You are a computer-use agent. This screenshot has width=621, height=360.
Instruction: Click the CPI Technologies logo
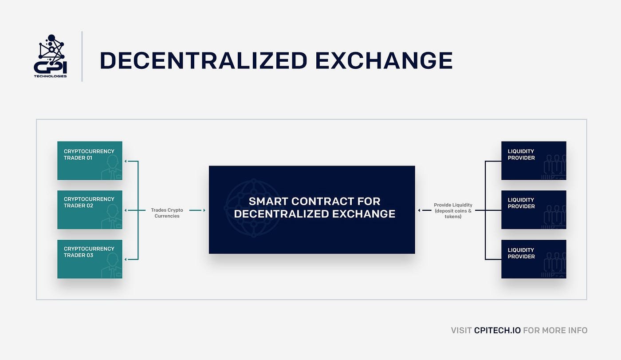pos(50,56)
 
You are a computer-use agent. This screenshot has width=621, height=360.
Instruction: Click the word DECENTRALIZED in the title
pos(204,60)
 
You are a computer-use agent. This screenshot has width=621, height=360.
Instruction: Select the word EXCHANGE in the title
pos(384,60)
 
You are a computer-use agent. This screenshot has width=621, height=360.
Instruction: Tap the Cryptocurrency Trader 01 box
pos(90,161)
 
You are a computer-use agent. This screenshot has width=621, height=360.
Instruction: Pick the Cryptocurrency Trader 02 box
pos(90,210)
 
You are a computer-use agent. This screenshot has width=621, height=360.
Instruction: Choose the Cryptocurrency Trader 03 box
pos(90,259)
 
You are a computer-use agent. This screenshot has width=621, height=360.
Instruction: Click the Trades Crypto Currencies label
pos(167,213)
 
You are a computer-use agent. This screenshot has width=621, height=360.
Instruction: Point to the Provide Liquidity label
pos(453,210)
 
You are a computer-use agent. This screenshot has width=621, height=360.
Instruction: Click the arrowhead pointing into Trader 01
pos(126,161)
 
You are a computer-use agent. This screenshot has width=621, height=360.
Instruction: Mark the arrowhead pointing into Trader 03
pos(126,259)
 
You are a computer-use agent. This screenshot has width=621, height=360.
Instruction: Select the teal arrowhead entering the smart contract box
pos(204,210)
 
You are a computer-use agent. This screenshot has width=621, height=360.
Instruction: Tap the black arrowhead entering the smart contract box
pos(419,210)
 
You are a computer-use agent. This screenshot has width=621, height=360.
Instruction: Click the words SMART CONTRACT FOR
pos(314,201)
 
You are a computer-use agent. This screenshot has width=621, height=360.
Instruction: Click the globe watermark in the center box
pos(254,208)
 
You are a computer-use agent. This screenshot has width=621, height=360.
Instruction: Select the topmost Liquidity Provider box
pos(534,161)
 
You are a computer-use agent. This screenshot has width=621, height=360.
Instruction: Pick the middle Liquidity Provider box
pos(534,210)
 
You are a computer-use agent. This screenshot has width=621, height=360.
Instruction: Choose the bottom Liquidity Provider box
pos(534,259)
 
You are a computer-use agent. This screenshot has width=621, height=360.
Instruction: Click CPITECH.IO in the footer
pos(497,330)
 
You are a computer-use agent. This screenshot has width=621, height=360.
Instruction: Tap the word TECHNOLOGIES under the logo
pos(50,76)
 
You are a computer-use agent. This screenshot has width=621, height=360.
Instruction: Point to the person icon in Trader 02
pos(111,217)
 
